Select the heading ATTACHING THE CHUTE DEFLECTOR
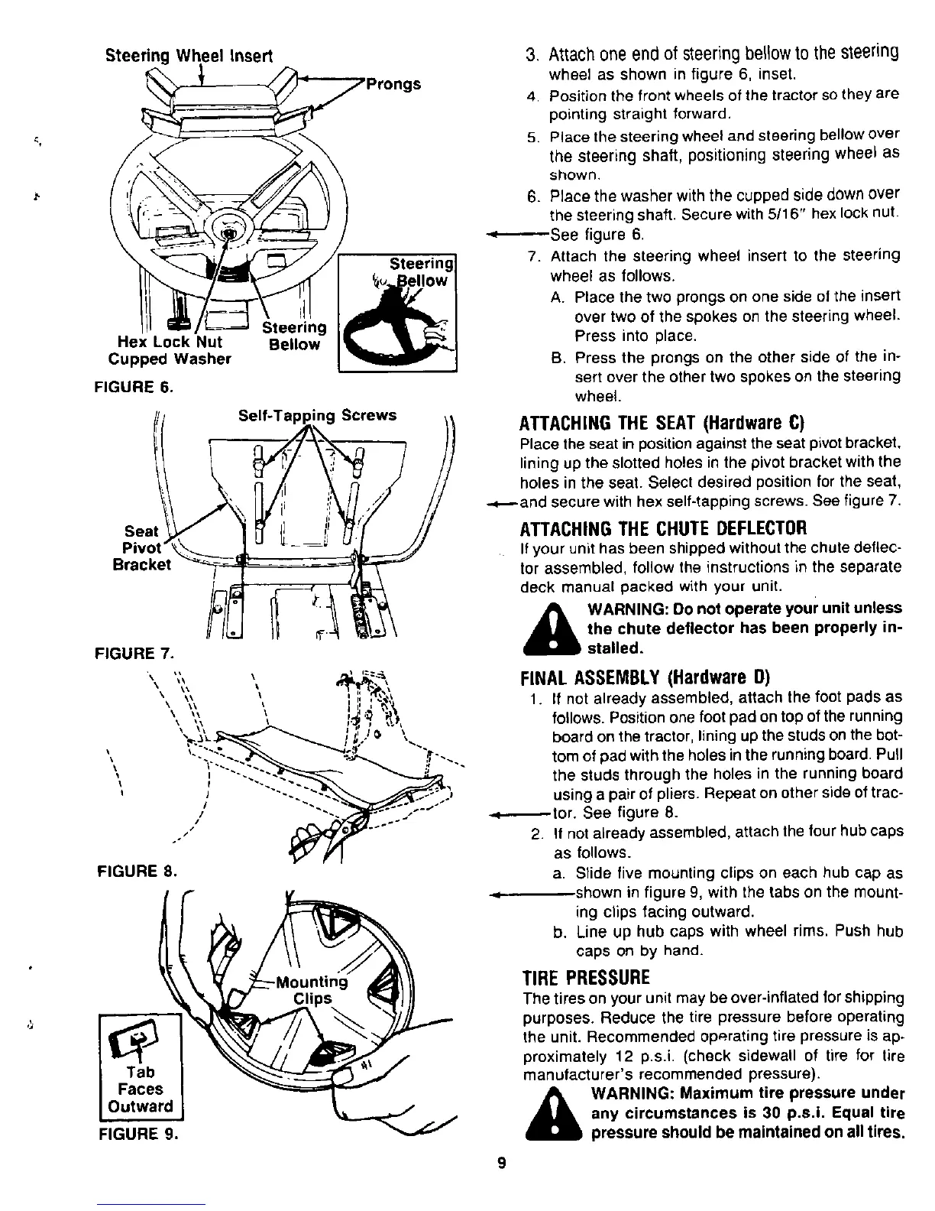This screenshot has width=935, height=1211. (663, 528)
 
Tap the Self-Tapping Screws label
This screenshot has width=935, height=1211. (317, 415)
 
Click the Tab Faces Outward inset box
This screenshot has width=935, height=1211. (140, 1064)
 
